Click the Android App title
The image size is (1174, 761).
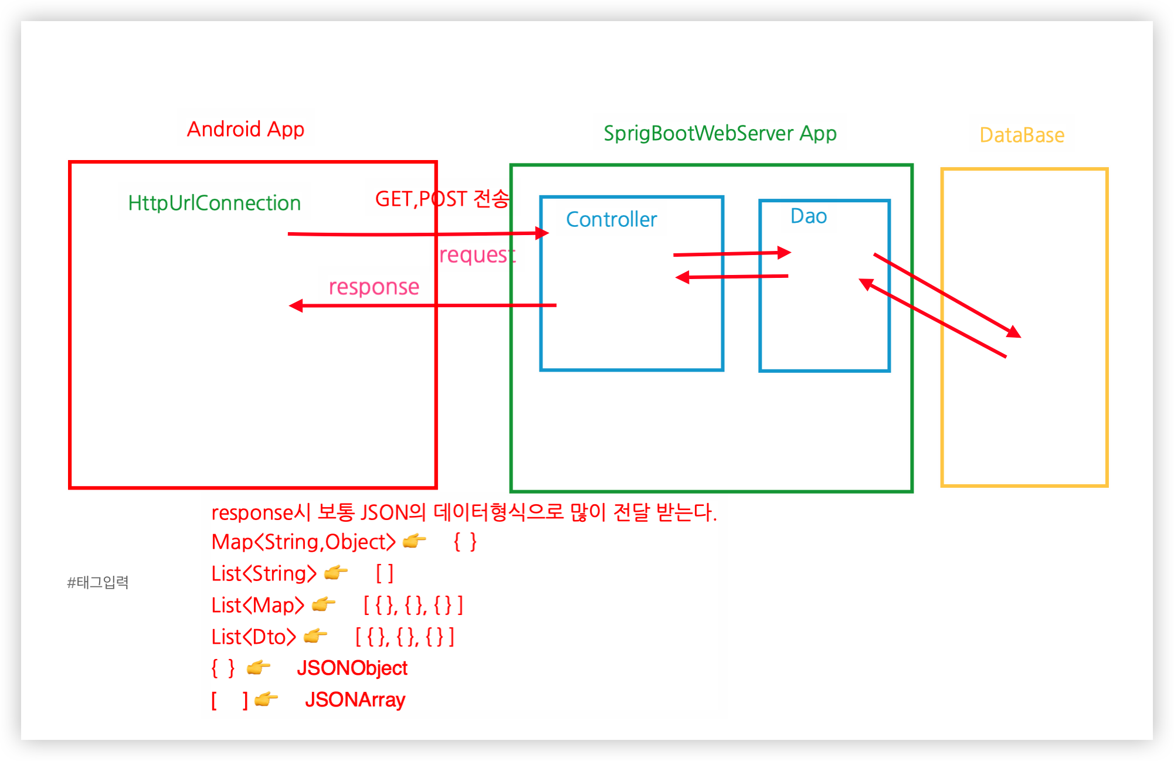tap(246, 129)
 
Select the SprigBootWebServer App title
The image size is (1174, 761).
tap(720, 133)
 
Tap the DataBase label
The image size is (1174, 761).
tap(1022, 135)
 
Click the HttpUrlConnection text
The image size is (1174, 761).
tap(214, 203)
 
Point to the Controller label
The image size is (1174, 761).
tap(611, 219)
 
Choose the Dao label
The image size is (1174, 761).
tap(808, 216)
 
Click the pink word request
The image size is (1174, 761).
tap(477, 254)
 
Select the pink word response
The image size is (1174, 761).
tap(374, 287)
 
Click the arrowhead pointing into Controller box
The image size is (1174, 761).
tap(542, 233)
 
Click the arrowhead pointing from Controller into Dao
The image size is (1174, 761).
tap(784, 253)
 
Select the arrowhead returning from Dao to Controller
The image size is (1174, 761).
tap(683, 277)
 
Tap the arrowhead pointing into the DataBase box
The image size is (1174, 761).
tap(1014, 332)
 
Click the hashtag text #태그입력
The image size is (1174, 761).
tap(97, 582)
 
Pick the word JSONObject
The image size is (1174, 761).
tap(352, 668)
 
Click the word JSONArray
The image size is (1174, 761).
tap(355, 699)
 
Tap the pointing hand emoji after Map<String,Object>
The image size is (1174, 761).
tap(414, 541)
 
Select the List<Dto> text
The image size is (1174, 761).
tap(253, 637)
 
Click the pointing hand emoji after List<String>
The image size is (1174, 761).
tap(336, 572)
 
